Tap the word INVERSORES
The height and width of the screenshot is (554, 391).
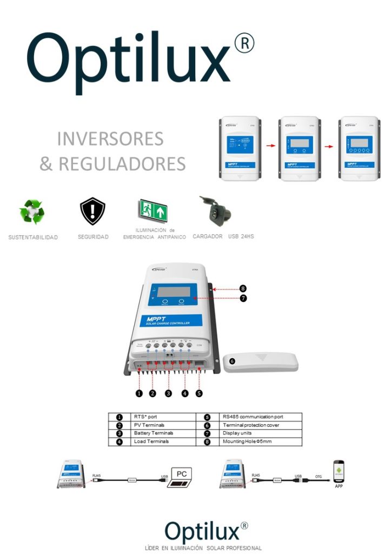110,139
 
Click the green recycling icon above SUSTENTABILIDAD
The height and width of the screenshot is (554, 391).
31,212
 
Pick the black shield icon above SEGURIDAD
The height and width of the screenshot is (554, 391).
92,212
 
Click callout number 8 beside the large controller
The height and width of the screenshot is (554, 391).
243,289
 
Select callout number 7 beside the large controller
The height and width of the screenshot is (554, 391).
243,298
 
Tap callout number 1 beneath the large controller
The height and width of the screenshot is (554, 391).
139,393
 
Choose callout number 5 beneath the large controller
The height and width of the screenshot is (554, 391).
199,393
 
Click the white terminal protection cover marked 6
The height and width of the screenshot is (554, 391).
261,362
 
